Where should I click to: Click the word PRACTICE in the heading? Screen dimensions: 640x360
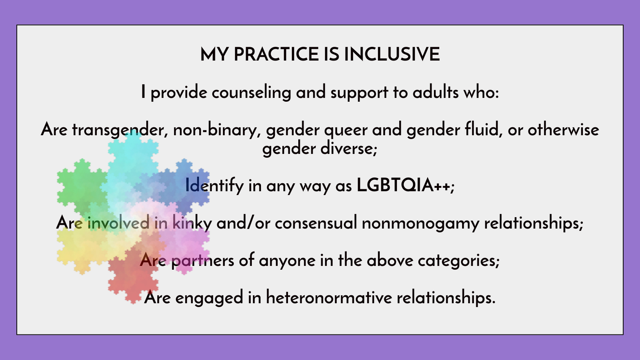click(x=276, y=54)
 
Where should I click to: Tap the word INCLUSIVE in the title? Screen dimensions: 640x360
click(x=392, y=54)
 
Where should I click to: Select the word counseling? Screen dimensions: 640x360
click(x=251, y=93)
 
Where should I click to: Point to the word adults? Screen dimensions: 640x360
click(x=435, y=92)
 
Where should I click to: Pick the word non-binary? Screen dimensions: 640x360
click(x=217, y=130)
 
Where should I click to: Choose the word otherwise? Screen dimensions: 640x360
click(x=563, y=130)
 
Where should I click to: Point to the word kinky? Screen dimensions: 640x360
click(x=192, y=222)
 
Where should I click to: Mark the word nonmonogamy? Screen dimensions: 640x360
click(x=420, y=223)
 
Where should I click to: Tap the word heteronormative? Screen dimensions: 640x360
click(x=329, y=298)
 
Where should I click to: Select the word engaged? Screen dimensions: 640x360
click(x=209, y=298)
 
